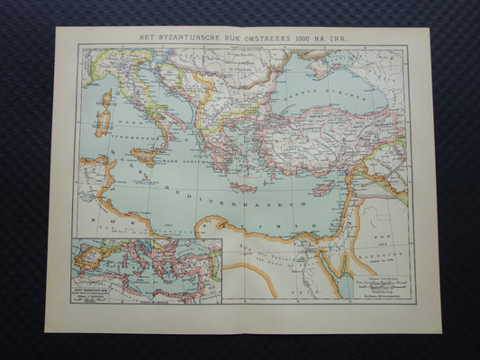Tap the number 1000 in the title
(303, 36)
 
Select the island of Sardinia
(103, 120)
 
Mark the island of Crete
(244, 187)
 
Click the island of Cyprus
(323, 189)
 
